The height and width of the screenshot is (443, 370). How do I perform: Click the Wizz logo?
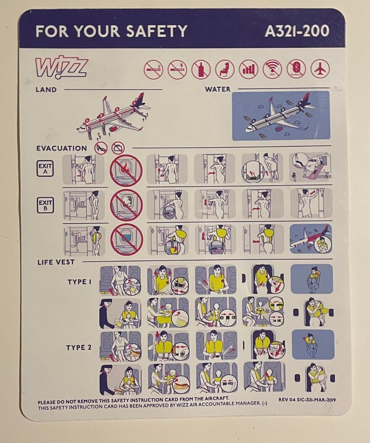pos(61,68)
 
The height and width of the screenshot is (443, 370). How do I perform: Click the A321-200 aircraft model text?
pos(297,31)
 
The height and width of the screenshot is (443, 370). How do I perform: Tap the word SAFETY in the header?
pos(157,31)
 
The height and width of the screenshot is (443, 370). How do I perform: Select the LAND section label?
pos(46,90)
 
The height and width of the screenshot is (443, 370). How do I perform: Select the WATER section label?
pos(217,89)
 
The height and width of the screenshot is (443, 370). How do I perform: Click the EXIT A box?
pos(45,168)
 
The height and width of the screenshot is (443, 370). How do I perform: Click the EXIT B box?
pos(46,205)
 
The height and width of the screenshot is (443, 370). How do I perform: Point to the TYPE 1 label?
pos(79,281)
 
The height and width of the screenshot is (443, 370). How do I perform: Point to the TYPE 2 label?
pos(79,347)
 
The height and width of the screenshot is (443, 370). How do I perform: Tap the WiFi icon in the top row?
pos(272,69)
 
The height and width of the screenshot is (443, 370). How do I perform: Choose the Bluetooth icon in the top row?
pos(296,69)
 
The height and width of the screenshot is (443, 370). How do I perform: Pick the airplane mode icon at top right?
pos(320,69)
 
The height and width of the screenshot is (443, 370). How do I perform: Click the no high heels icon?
pos(101,148)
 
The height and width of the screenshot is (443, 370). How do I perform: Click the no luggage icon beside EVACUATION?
pos(118,148)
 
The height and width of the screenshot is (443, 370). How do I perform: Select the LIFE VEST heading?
pos(56,262)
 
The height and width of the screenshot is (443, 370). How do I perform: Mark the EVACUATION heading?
pos(62,148)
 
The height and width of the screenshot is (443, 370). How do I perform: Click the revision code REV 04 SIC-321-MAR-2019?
pos(307,400)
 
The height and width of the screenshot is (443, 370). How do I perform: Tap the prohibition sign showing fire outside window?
pos(126,171)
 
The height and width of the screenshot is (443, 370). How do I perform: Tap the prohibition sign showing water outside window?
pos(127,240)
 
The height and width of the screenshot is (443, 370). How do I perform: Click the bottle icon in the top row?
pos(201,70)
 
